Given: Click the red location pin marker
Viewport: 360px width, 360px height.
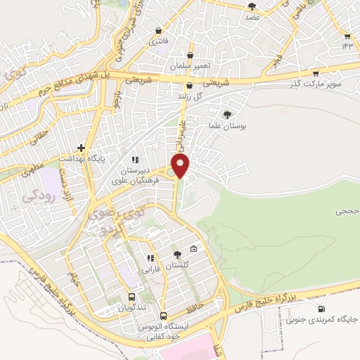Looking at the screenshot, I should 181,166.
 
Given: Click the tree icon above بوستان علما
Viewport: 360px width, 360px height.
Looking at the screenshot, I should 226,114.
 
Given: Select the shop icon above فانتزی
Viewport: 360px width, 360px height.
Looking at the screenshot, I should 159,30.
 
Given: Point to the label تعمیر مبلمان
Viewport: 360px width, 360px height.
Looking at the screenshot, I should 190,65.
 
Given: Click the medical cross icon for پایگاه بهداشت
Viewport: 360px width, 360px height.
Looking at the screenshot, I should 82,148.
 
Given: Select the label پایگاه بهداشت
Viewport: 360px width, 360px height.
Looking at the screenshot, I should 105,159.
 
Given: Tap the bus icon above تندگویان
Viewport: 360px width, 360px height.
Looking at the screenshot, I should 132,297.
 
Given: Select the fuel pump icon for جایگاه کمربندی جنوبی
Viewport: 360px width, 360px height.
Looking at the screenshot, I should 322,309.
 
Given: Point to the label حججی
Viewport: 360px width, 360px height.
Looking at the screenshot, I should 345,210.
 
